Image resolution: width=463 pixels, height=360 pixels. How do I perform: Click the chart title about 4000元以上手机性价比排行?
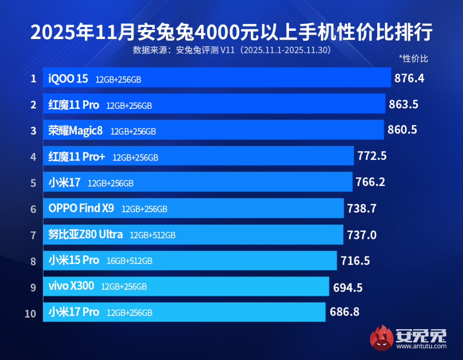(231, 32)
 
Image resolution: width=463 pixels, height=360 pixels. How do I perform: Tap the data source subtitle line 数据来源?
(231, 50)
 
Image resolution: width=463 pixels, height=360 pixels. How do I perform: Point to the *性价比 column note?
(413, 59)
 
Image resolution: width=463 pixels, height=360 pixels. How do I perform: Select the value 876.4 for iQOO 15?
(409, 78)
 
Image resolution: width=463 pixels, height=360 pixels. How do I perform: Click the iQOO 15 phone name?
(68, 79)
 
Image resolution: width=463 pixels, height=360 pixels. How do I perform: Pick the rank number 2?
(33, 105)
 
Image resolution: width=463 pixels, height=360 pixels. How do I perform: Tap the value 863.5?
(403, 104)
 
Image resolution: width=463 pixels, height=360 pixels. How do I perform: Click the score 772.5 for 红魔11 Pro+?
(372, 156)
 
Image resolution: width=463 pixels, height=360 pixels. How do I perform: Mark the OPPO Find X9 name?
(81, 209)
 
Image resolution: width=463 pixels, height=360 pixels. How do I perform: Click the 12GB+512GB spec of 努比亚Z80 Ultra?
(152, 235)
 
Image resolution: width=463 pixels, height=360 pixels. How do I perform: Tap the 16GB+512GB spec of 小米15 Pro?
(129, 261)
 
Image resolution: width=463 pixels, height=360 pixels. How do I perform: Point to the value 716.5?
(355, 261)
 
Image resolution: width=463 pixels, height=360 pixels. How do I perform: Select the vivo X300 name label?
(71, 286)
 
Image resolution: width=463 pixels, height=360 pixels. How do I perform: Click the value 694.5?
(348, 288)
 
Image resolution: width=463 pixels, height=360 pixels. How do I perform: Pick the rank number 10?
(30, 314)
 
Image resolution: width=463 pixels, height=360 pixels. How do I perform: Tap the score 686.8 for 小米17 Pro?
(344, 312)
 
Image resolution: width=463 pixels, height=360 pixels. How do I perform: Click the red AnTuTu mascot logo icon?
(381, 337)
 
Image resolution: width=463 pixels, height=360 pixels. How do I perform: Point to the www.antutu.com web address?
(421, 346)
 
